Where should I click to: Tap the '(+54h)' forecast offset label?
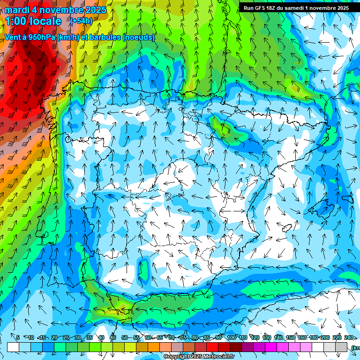pos(82,21)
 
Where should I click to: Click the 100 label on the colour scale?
pos(231,337)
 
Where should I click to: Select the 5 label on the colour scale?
pos(18,337)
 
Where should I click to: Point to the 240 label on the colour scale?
pos(349,337)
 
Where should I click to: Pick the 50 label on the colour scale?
pos(124,337)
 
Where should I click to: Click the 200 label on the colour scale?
pos(325,337)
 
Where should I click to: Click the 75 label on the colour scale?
pos(183,337)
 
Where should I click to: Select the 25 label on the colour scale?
pos(66,337)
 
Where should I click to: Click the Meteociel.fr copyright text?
pos(199,357)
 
